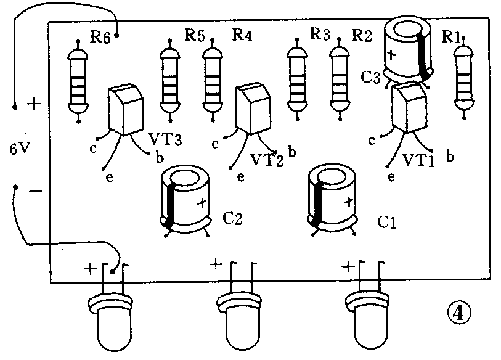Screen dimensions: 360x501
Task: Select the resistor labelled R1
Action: (465, 78)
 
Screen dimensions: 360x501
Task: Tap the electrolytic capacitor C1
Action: (332, 197)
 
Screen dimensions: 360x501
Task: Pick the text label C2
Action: (233, 218)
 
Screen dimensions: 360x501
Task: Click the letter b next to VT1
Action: (450, 157)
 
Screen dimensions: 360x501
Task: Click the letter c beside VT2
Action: (215, 144)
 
